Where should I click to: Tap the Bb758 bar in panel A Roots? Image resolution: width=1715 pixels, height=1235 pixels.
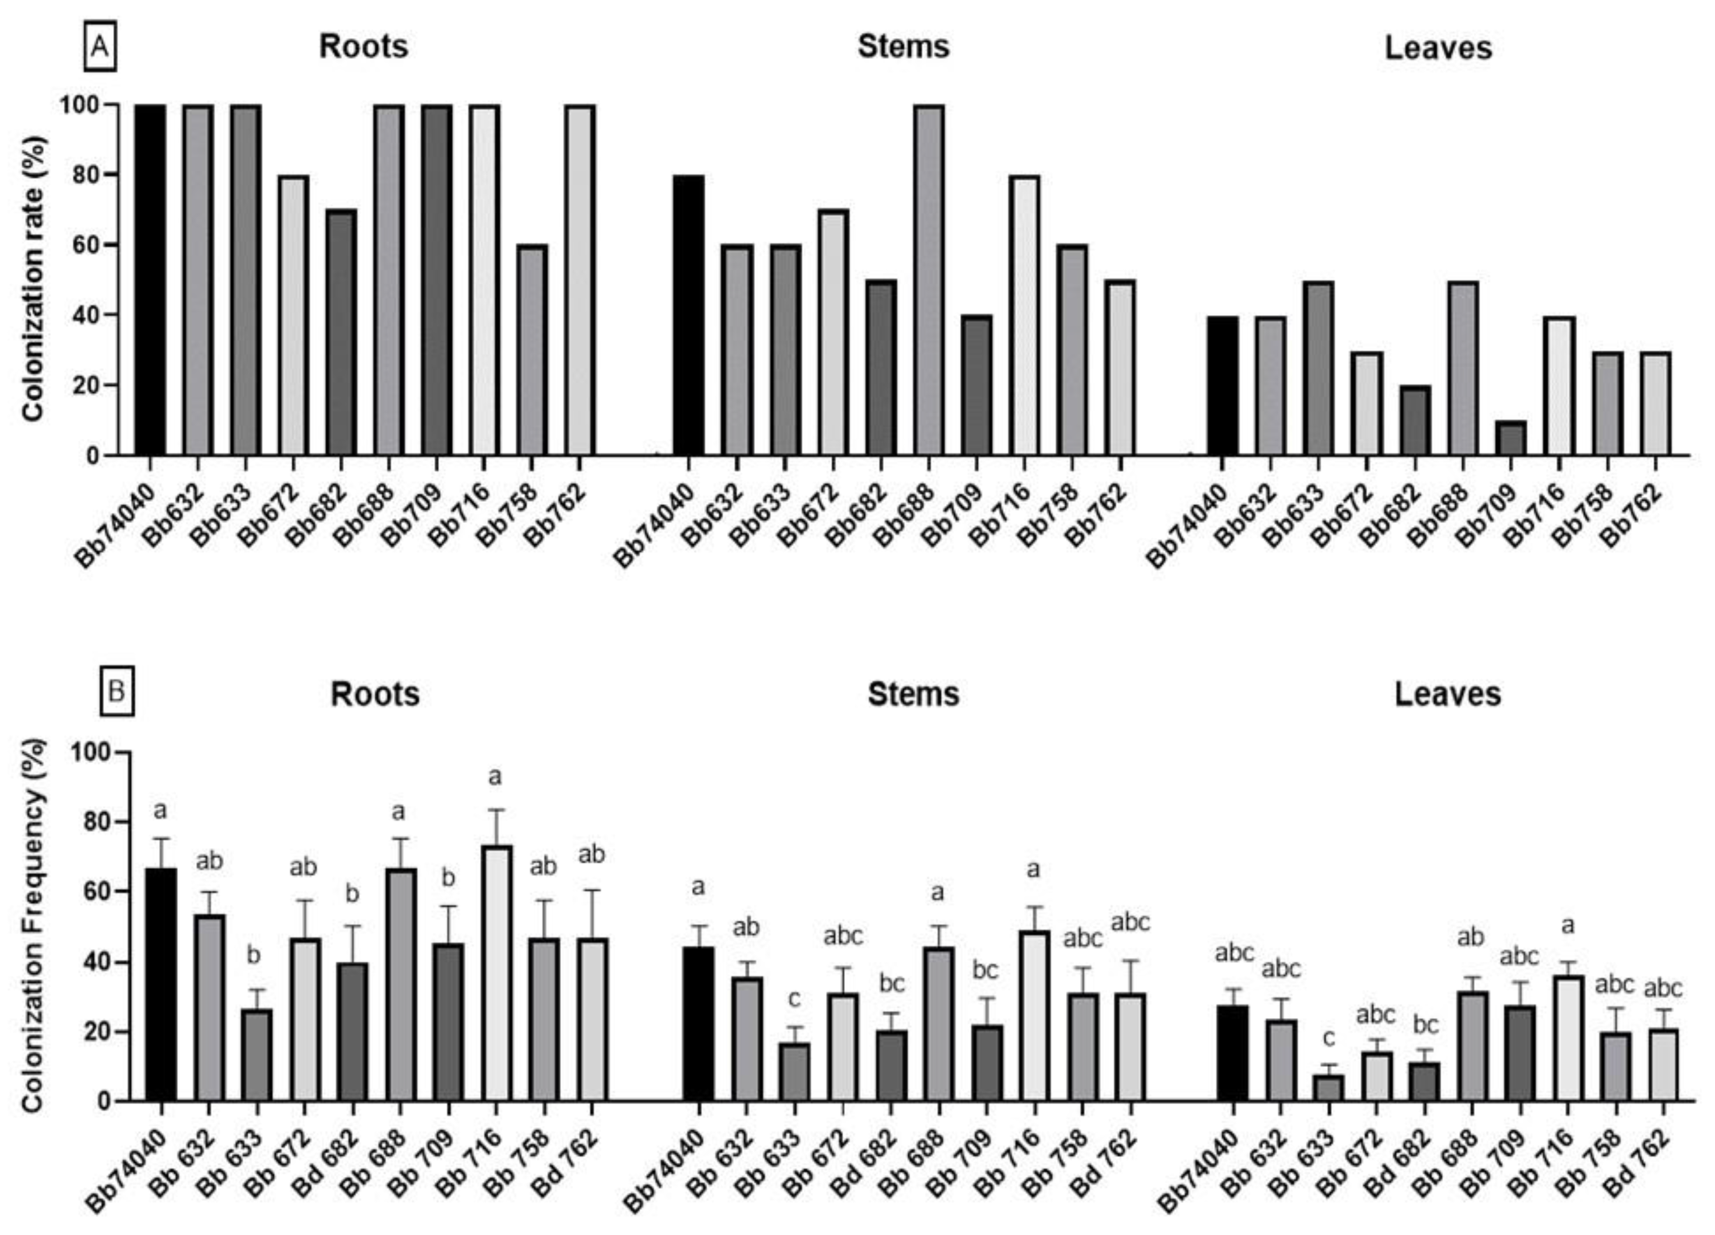(x=532, y=350)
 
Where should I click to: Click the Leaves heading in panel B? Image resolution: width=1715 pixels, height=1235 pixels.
(x=1447, y=694)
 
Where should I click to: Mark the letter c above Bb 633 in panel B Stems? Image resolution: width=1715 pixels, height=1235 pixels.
(x=794, y=999)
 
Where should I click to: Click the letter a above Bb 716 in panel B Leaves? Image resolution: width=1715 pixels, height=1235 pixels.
(x=1568, y=925)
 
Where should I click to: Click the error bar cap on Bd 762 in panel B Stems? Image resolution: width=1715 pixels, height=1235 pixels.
(x=1131, y=961)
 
